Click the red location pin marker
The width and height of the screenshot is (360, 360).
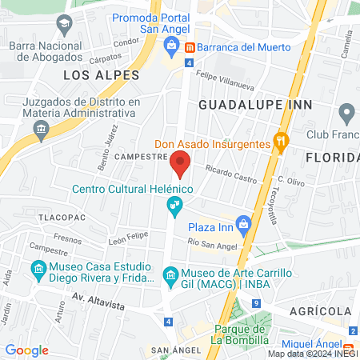click(x=180, y=165)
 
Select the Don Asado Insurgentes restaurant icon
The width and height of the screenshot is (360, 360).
click(x=281, y=144)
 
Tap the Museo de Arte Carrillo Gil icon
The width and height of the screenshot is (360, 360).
click(x=170, y=275)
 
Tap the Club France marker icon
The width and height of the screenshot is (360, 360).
click(x=346, y=111)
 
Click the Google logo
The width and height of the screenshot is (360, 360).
click(x=27, y=350)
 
